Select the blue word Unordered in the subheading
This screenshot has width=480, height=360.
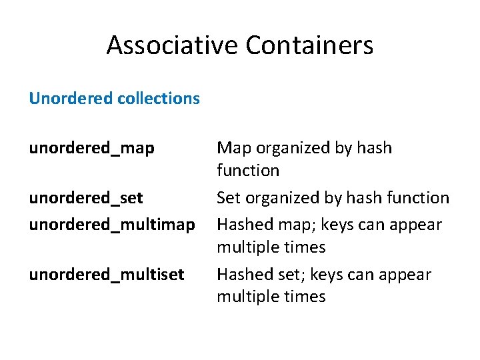(70, 99)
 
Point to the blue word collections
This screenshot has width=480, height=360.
(158, 99)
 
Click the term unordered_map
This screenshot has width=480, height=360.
(91, 148)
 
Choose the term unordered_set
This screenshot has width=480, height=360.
(86, 198)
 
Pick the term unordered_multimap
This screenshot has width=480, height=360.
(111, 225)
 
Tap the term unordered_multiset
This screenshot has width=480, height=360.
(106, 274)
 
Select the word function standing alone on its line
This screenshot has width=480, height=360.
(248, 171)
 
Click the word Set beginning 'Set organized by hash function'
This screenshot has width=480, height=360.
(228, 198)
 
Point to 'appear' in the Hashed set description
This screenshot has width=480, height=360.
(407, 274)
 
